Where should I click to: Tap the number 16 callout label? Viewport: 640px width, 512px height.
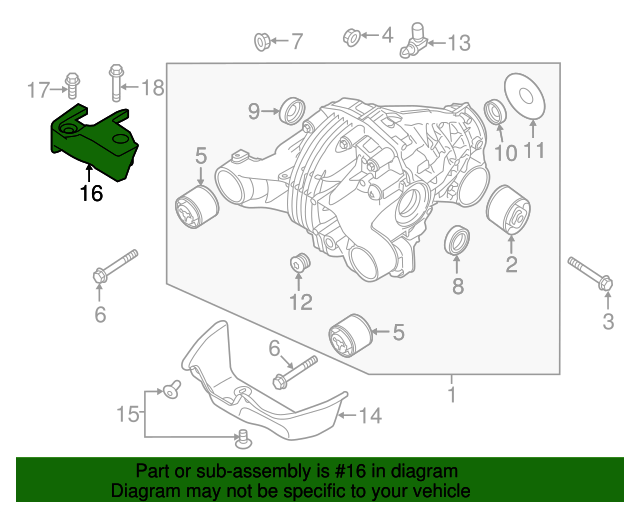(x=91, y=193)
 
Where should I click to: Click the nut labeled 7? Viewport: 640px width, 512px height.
(x=258, y=41)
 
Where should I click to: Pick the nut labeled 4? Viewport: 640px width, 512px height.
(x=351, y=37)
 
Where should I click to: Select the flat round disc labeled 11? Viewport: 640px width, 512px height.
(x=525, y=94)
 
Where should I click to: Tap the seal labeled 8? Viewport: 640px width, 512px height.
(x=457, y=242)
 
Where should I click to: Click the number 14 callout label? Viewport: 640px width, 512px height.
(x=370, y=414)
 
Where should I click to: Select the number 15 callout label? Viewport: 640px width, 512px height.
(x=127, y=413)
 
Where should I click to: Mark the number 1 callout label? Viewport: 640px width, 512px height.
(x=451, y=395)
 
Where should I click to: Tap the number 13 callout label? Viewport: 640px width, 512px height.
(x=459, y=43)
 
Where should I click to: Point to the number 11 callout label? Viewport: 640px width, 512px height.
(x=534, y=152)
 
